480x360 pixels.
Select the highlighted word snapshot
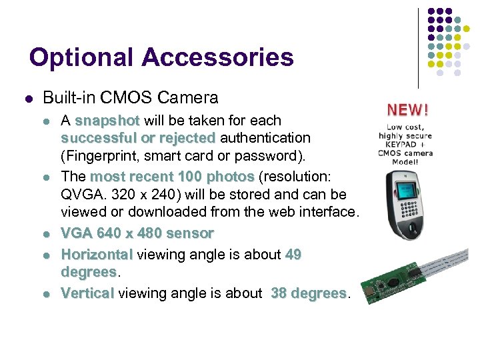pos(107,121)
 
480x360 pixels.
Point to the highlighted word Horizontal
pos(97,255)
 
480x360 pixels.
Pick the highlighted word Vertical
pos(87,293)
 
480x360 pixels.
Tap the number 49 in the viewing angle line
pos(293,255)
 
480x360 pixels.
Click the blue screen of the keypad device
pos(407,188)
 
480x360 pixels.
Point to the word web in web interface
pos(277,212)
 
